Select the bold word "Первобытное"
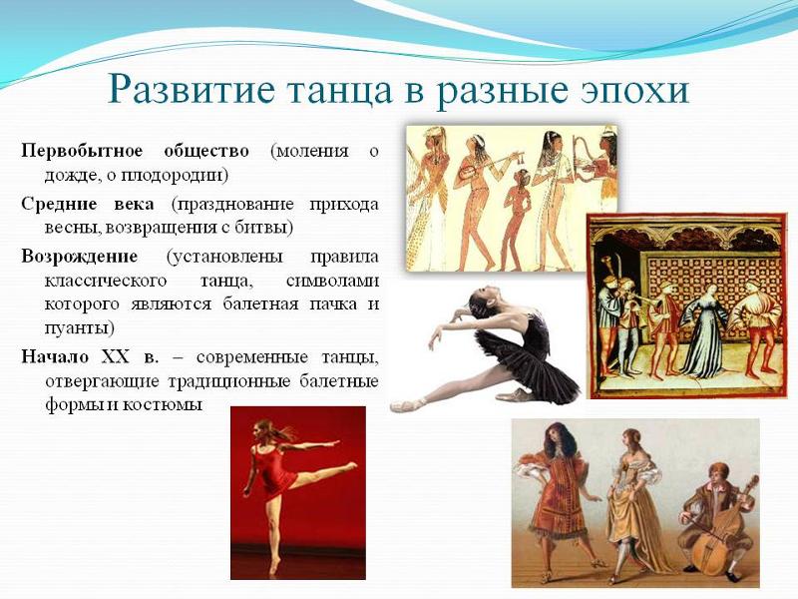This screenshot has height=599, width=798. (x=82, y=152)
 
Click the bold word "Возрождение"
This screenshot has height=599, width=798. (x=80, y=257)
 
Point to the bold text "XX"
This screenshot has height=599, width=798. (x=116, y=357)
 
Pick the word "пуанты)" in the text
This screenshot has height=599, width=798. (x=79, y=328)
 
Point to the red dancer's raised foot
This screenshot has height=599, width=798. (x=351, y=464)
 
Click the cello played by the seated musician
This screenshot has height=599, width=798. (x=722, y=532)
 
